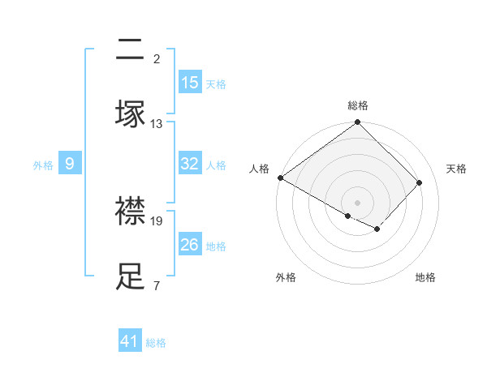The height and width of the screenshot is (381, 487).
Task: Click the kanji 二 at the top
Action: (131, 50)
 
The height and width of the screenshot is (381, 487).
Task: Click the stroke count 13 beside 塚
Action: (157, 123)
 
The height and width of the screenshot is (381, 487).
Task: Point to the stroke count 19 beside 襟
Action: (157, 220)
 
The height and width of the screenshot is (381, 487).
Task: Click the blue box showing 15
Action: (190, 83)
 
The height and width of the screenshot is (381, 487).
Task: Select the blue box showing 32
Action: (190, 164)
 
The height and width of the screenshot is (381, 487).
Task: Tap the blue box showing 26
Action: (190, 245)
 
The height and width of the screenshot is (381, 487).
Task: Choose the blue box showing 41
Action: (130, 341)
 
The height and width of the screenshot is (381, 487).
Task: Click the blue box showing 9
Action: (70, 164)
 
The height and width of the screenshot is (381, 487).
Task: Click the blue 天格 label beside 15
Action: (216, 83)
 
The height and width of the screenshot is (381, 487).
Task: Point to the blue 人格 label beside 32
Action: (216, 165)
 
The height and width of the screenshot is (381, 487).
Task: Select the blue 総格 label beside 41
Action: (156, 342)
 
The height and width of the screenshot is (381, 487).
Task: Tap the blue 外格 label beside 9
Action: (43, 165)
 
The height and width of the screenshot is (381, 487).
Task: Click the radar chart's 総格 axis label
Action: (357, 105)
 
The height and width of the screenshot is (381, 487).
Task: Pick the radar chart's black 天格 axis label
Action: (456, 169)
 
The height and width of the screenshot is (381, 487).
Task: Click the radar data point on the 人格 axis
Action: (280, 178)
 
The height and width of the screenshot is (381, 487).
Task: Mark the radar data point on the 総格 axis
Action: (357, 122)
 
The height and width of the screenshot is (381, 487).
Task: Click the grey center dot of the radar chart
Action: (357, 202)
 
